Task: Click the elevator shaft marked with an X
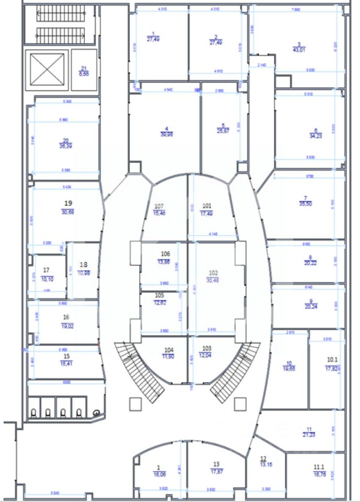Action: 47,69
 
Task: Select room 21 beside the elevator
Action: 84,71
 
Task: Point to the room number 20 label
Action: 66,140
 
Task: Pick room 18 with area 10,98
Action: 83,269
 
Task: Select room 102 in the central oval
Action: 213,277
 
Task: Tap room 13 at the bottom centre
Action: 216,467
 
